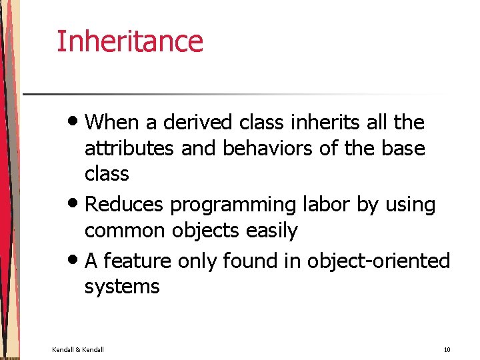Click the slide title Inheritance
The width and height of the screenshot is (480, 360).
pyautogui.click(x=129, y=41)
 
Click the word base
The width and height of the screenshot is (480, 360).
pyautogui.click(x=403, y=148)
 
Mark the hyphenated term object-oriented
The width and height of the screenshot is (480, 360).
pyautogui.click(x=378, y=261)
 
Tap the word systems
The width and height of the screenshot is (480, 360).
pyautogui.click(x=122, y=287)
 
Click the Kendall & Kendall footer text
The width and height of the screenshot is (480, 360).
pyautogui.click(x=78, y=349)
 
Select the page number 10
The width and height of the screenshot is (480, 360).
pyautogui.click(x=446, y=349)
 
